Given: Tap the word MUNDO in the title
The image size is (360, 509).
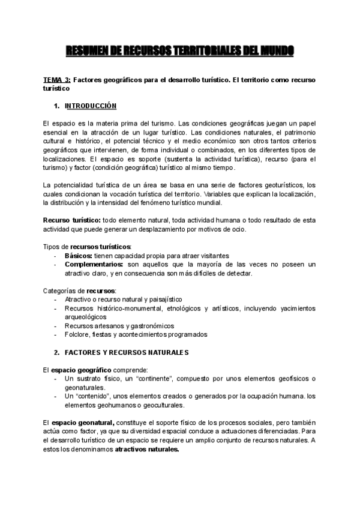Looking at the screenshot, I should point(275,53).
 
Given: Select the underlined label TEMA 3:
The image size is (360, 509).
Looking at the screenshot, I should point(58,80).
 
